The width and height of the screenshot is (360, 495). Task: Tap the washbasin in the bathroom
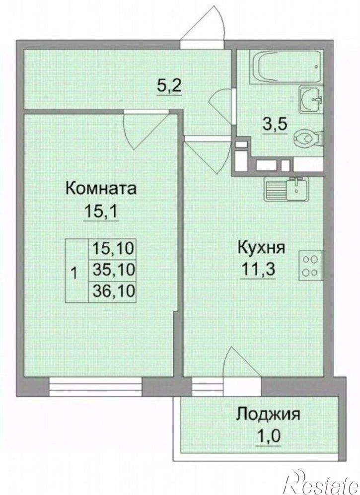pos(311,100)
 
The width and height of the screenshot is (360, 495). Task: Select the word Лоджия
pos(268,414)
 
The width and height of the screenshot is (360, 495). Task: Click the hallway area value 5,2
pos(170,87)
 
